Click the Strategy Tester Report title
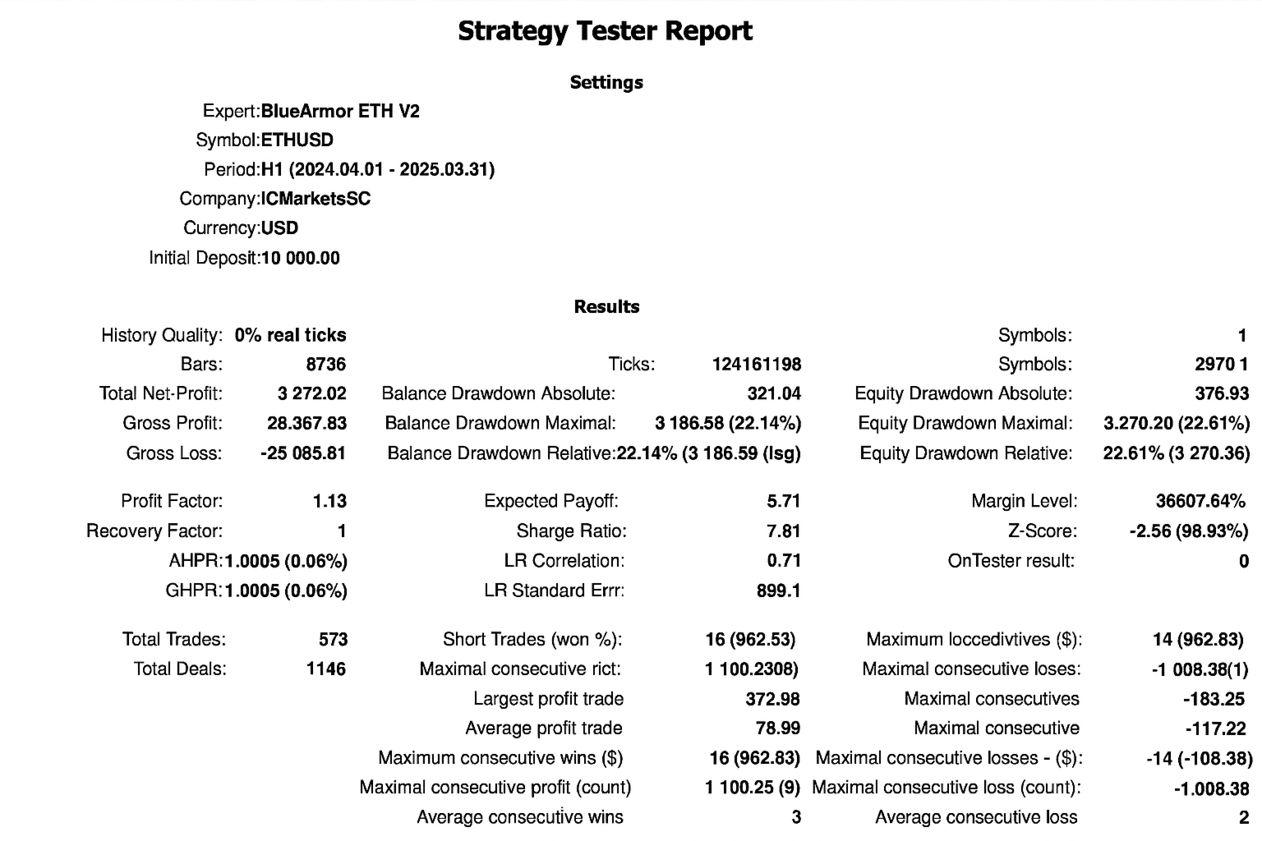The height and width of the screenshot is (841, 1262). point(605,31)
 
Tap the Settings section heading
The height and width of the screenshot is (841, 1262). point(606,82)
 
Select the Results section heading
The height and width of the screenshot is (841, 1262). point(606,306)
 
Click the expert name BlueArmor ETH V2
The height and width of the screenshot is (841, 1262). point(340,111)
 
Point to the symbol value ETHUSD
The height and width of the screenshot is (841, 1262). point(297,140)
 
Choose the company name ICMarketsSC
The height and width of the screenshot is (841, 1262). point(315,199)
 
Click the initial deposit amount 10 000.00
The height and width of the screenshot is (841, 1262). point(300,258)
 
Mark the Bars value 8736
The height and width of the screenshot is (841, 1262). point(326,364)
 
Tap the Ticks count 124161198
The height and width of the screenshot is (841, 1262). point(756,364)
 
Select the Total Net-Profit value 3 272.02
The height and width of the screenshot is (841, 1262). point(312,393)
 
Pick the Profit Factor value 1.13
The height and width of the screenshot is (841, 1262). point(329,501)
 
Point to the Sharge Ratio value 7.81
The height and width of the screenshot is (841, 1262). point(783,531)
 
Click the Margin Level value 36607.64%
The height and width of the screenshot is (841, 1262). point(1200,501)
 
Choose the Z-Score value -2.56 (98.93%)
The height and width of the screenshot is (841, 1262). point(1188,531)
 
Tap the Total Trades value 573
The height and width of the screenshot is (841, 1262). point(333,639)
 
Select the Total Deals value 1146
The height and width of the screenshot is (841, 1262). point(326,669)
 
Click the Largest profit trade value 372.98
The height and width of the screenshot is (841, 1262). point(772,699)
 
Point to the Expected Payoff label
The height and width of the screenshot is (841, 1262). point(550,501)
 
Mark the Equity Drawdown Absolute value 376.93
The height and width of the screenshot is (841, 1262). point(1222,393)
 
